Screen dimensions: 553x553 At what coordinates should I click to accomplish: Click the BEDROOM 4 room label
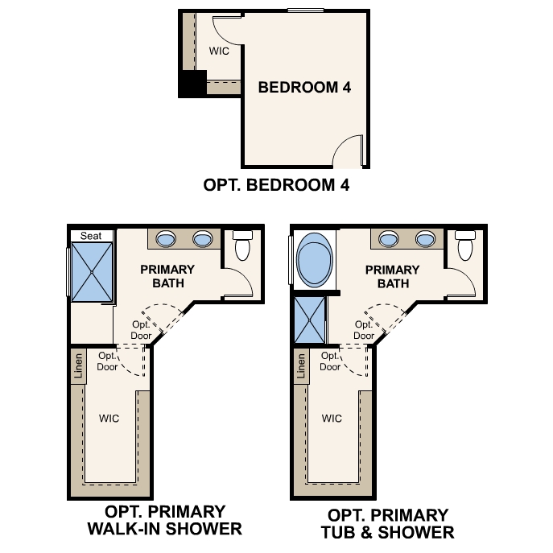click(304, 87)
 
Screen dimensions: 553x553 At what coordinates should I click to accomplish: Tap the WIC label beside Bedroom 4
click(219, 51)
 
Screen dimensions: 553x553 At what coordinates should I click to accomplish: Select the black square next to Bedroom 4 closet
click(192, 85)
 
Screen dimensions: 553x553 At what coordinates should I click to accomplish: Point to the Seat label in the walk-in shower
click(90, 235)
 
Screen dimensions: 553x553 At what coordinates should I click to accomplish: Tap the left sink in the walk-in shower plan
click(165, 238)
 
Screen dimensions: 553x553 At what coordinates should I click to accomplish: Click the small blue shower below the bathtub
click(307, 320)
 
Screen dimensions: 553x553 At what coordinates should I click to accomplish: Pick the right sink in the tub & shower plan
click(426, 238)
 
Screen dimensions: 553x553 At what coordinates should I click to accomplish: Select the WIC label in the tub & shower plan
click(332, 419)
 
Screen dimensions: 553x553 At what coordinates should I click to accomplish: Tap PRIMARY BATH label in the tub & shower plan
click(392, 276)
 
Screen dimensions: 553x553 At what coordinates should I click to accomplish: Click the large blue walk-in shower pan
click(93, 271)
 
